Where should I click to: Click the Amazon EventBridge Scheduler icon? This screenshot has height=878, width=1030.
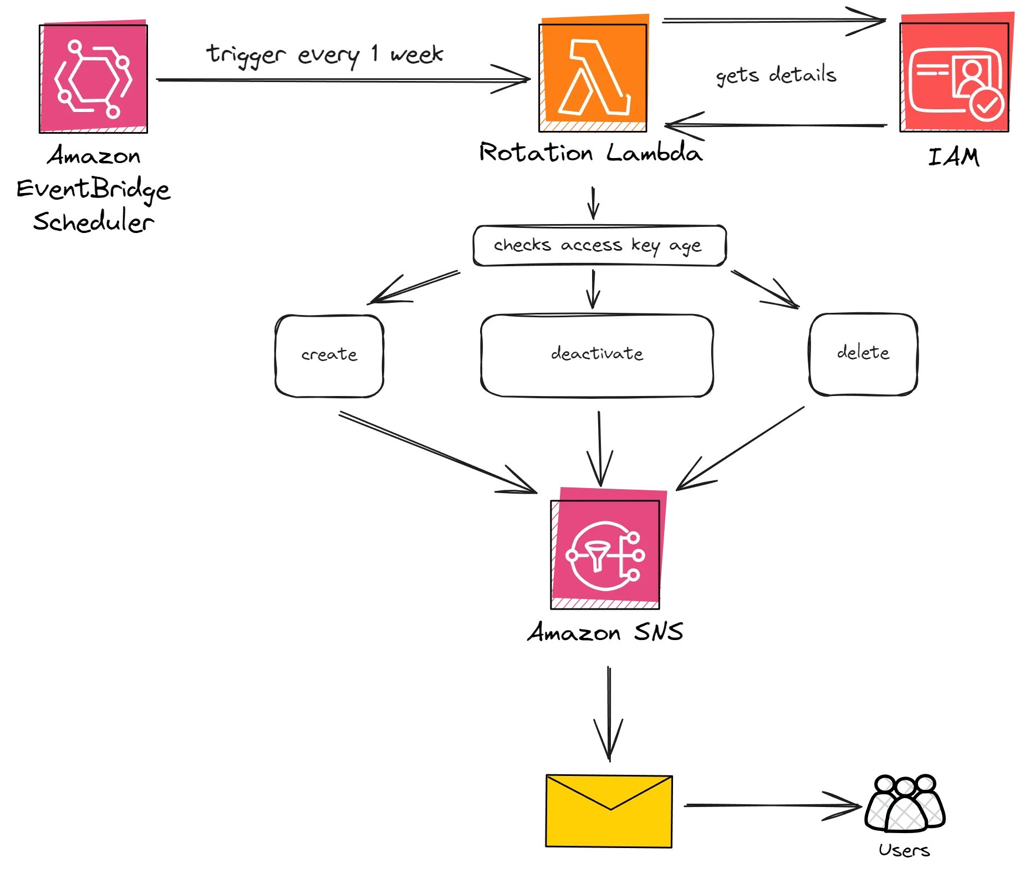[x=93, y=78]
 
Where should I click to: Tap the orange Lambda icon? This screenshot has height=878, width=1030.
[x=593, y=77]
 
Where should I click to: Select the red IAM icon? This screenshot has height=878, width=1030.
[x=954, y=77]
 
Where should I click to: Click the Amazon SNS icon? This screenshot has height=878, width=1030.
[x=605, y=554]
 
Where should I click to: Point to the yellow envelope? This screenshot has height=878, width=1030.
[x=609, y=811]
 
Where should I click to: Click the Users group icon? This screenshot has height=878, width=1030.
[x=905, y=804]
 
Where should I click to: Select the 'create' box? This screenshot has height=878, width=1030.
[x=329, y=356]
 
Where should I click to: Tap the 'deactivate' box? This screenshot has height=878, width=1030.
[x=596, y=355]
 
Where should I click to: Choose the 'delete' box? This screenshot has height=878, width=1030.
[x=863, y=354]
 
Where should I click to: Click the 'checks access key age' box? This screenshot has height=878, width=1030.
[x=599, y=246]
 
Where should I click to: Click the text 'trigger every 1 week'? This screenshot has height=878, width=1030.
[x=325, y=55]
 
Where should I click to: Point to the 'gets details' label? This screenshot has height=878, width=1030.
[x=776, y=75]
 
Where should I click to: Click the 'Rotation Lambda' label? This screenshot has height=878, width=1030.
[x=591, y=153]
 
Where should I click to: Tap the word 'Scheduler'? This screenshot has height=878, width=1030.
[x=93, y=222]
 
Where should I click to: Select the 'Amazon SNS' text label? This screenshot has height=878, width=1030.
[x=605, y=632]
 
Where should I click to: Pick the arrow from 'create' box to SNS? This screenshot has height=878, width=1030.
[x=438, y=453]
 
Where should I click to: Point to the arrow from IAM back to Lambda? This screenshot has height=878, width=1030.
[x=776, y=125]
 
